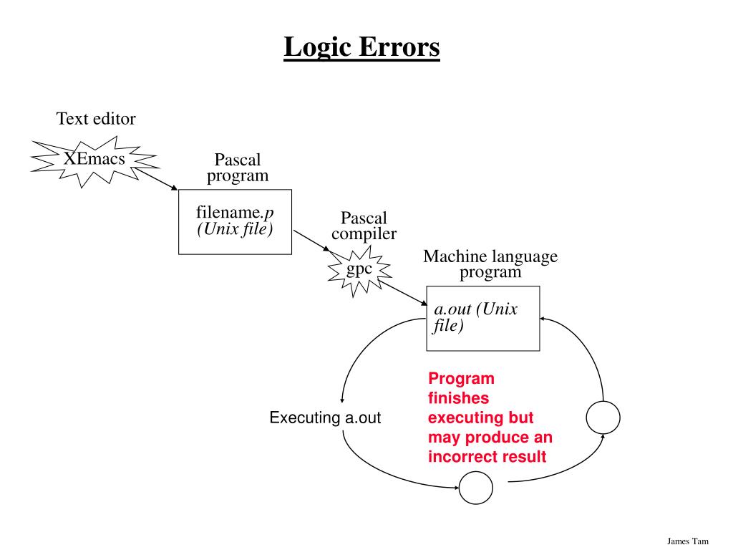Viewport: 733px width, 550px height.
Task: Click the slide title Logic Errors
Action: tap(361, 48)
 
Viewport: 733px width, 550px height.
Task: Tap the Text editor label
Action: tap(96, 119)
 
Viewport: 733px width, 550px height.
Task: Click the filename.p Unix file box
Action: tap(235, 221)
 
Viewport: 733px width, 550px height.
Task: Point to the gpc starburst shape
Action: tap(359, 270)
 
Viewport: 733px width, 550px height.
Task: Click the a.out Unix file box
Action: tap(482, 318)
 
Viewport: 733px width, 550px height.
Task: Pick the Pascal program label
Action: tap(238, 168)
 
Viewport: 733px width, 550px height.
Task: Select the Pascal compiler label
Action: tap(364, 226)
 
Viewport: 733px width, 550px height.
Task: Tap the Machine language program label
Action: tap(490, 264)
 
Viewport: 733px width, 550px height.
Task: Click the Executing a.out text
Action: tap(325, 418)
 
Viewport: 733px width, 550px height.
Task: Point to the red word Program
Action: tap(461, 379)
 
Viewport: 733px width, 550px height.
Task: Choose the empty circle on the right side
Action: tap(603, 418)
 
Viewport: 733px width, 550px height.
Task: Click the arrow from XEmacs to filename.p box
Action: tap(156, 180)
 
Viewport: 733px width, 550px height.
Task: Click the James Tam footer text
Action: tap(687, 541)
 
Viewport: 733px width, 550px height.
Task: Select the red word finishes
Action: tap(458, 398)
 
